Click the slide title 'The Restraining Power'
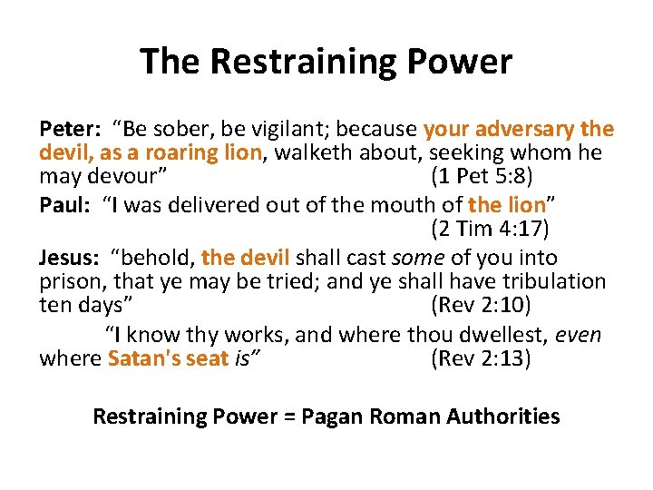(x=326, y=62)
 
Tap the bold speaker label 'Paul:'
(x=63, y=205)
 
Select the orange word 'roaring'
(x=189, y=152)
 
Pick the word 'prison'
(x=67, y=281)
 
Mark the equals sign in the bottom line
(x=289, y=416)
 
